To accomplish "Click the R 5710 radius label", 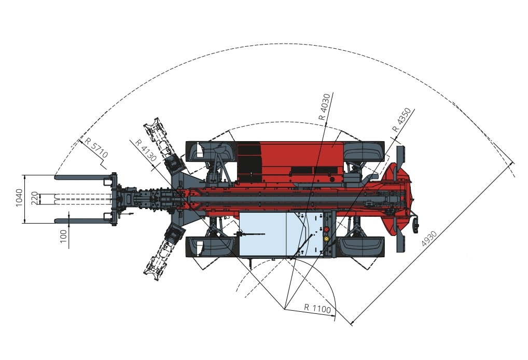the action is [96, 147].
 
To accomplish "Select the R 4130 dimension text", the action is [146, 150].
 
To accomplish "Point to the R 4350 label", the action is [401, 119].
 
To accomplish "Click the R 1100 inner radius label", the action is [317, 308].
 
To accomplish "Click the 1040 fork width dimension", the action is [19, 198].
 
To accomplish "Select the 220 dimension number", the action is [34, 198].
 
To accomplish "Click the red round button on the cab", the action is [326, 229].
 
